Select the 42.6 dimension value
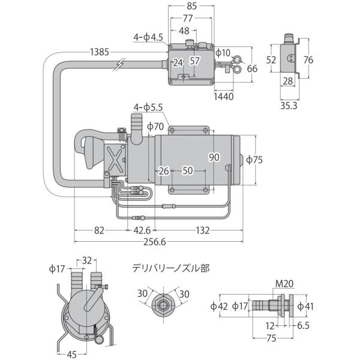[142, 230]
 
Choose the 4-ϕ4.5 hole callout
[149, 37]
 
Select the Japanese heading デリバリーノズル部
[171, 268]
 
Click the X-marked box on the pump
[115, 159]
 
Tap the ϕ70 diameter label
[154, 127]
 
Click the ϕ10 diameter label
[223, 53]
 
